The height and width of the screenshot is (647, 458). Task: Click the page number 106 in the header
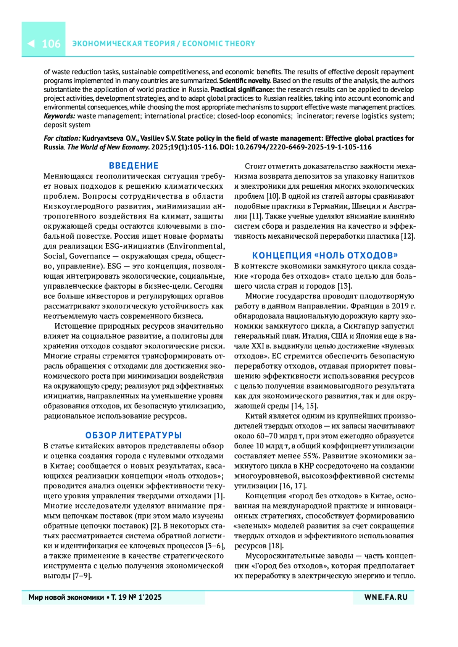[51, 44]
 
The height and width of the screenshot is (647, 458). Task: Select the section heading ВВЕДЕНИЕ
[134, 166]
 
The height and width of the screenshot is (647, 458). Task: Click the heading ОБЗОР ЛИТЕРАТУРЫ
[134, 435]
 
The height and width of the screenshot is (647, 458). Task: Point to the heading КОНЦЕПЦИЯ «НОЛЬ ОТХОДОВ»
[325, 255]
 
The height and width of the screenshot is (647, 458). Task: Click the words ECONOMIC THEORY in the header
[219, 43]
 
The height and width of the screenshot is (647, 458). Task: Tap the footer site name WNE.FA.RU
[386, 597]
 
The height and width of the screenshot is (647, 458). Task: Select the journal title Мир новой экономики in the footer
[66, 597]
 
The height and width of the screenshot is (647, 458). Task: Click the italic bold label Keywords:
[60, 116]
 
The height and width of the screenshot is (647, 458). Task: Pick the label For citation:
[62, 138]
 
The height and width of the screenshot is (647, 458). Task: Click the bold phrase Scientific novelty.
[245, 80]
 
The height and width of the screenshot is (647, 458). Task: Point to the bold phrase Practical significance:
[242, 90]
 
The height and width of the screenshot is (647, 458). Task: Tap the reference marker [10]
[273, 196]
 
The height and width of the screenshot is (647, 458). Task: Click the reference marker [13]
[345, 286]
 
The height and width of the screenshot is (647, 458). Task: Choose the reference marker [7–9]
[82, 576]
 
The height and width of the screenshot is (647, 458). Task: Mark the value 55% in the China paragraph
[311, 456]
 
